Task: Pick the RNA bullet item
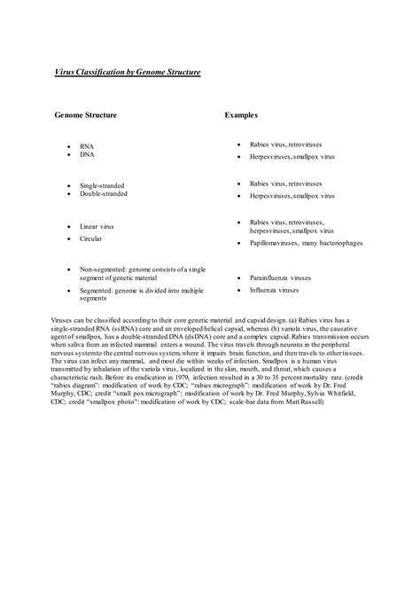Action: (87, 145)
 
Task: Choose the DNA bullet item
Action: (87, 154)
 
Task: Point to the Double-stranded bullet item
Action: (104, 193)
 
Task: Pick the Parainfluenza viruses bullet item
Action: (280, 277)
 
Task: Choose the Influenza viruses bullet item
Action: (274, 290)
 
